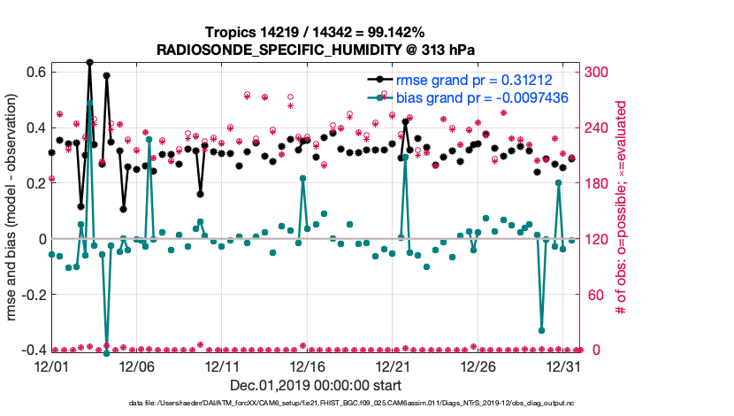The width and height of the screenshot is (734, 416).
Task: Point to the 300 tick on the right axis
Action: click(x=597, y=72)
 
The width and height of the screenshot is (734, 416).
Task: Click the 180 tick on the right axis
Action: click(x=597, y=183)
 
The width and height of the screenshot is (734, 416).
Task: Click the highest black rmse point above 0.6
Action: click(x=89, y=63)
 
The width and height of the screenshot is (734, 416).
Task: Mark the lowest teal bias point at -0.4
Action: click(x=106, y=353)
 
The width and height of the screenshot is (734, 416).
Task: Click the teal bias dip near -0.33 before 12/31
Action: click(x=541, y=331)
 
